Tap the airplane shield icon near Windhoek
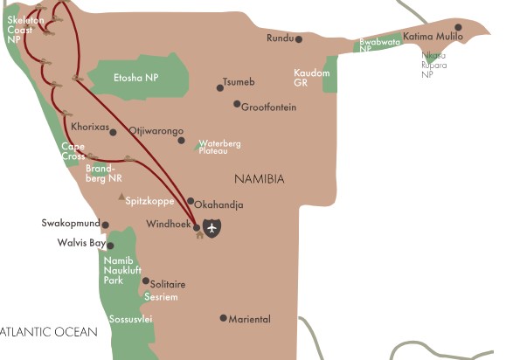pos(212,228)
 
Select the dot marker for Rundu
pos(299,39)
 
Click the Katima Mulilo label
pos(433,38)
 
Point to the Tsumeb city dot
pos(220,87)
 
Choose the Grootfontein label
pos(270,107)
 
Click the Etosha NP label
pos(137,78)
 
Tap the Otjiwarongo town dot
pos(181,140)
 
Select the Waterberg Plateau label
pos(219,147)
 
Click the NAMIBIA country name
pos(260,178)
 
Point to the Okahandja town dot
pos(191,200)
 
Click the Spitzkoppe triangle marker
pos(121,197)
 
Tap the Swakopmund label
pos(71,223)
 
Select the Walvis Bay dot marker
pos(110,246)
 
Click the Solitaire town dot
pos(145,280)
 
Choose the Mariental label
pos(249,319)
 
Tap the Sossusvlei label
pos(130,320)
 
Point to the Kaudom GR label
pos(312,78)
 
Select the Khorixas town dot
pos(114,132)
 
